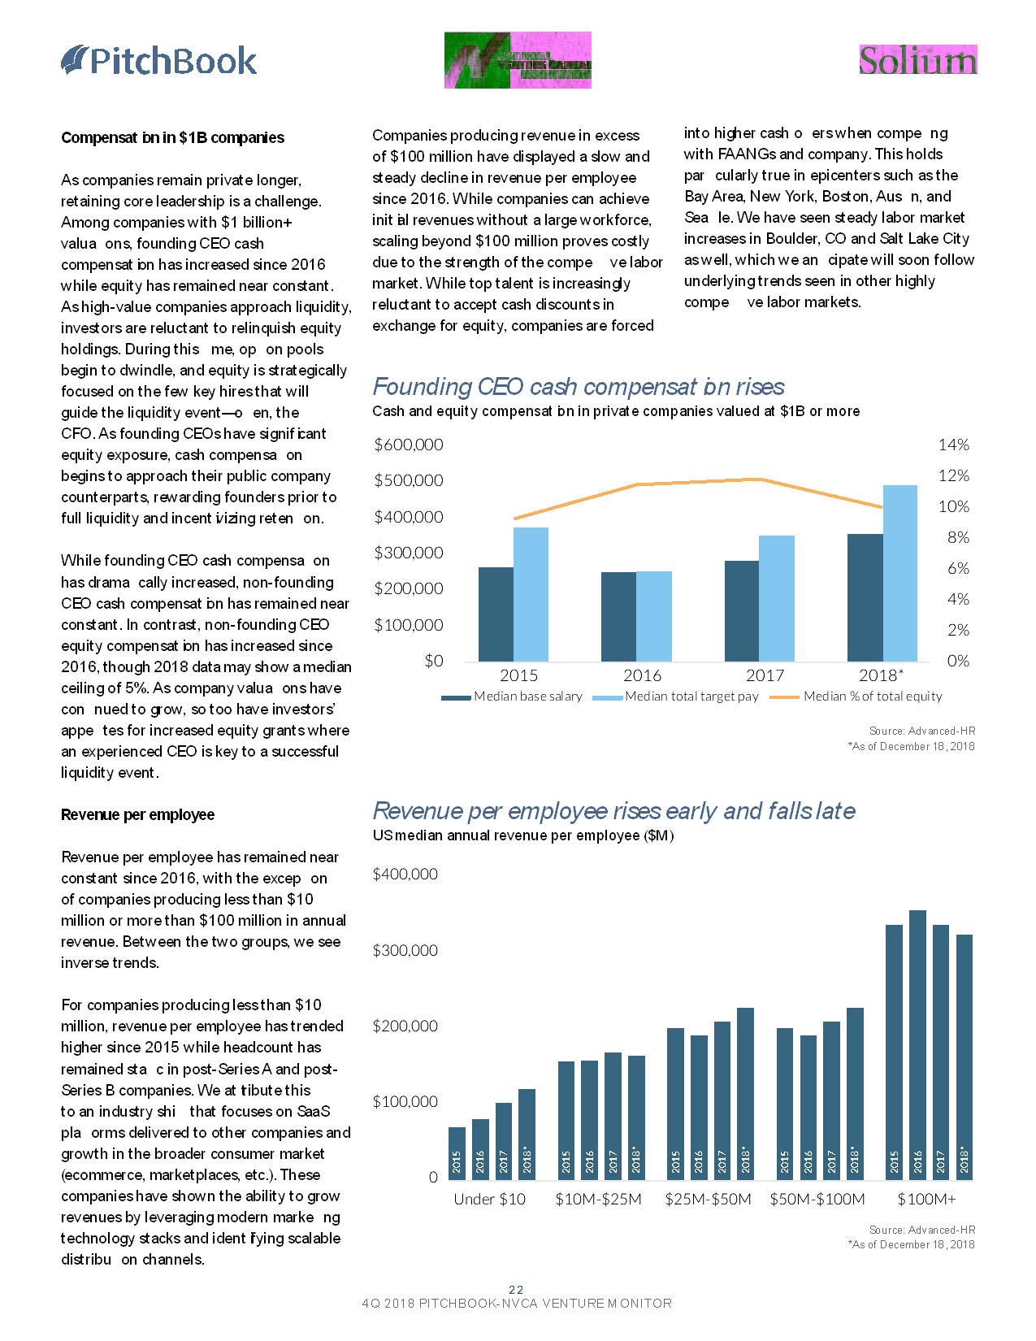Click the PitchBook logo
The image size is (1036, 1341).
point(159,61)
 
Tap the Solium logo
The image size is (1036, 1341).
point(917,61)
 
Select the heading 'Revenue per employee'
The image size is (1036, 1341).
point(138,814)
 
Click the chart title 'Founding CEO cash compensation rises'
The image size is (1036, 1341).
point(579,387)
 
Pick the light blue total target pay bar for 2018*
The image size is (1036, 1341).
point(900,573)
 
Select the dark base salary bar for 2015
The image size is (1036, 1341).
point(496,614)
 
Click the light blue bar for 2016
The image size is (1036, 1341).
point(654,616)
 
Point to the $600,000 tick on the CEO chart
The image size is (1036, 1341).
point(408,445)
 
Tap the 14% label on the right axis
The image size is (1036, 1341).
point(953,445)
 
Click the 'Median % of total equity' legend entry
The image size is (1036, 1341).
point(872,697)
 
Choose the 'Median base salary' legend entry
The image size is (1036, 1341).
point(528,697)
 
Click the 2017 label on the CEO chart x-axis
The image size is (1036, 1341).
point(765,675)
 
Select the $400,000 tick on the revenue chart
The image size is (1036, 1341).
point(405,874)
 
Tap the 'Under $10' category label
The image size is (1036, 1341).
point(489,1200)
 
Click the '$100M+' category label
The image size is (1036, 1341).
point(926,1200)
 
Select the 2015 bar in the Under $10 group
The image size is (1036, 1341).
point(457,1152)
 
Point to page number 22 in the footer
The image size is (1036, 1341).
point(516,1290)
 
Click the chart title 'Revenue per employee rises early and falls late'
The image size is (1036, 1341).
point(613,811)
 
